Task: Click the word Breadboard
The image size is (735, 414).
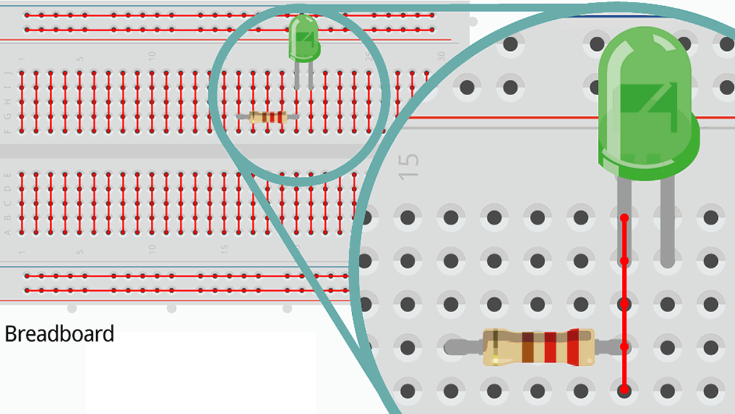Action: tap(59, 334)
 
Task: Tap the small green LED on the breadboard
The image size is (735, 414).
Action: tap(303, 37)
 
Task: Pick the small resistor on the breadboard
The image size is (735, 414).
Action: tap(268, 117)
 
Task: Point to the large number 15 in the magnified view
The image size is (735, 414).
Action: tap(410, 166)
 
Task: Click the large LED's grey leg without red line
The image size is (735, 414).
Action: tap(668, 221)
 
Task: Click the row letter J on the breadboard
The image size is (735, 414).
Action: tap(8, 73)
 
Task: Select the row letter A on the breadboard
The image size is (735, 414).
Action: tap(8, 232)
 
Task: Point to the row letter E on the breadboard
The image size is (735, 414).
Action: tap(8, 174)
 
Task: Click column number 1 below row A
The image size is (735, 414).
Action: tap(22, 252)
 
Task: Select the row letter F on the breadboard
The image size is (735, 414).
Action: tap(8, 131)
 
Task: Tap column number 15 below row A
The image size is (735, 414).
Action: tap(224, 250)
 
